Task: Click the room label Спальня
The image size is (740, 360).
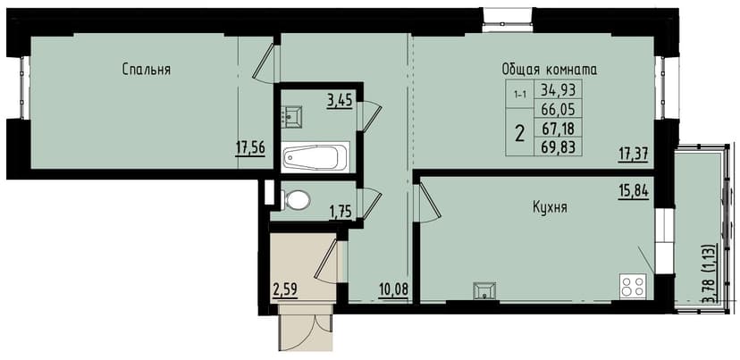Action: pyautogui.click(x=147, y=69)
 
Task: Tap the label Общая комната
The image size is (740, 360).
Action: pyautogui.click(x=549, y=69)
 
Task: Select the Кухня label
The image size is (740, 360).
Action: pyautogui.click(x=550, y=207)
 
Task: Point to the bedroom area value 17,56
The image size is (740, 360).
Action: pyautogui.click(x=250, y=148)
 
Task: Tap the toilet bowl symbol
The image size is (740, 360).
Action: pyautogui.click(x=296, y=198)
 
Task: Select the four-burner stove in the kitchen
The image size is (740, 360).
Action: pyautogui.click(x=633, y=286)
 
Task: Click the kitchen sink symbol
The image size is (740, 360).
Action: pyautogui.click(x=486, y=288)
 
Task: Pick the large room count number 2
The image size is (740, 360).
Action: pyautogui.click(x=519, y=135)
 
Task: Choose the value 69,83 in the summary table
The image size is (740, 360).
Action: pyautogui.click(x=558, y=147)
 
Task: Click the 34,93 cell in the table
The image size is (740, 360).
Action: pyautogui.click(x=558, y=89)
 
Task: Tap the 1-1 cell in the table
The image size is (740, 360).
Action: pyautogui.click(x=519, y=92)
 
